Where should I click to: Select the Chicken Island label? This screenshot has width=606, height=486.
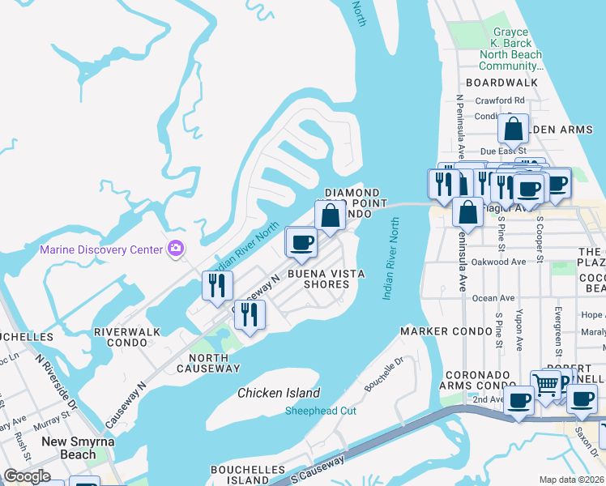279,393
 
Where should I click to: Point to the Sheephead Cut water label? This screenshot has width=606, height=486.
320,411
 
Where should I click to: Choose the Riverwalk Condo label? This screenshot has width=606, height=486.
126,338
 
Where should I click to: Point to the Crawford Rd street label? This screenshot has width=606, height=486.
501,100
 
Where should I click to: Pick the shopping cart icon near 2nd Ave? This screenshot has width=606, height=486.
546,384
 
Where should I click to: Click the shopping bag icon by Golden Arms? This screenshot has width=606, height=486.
513,129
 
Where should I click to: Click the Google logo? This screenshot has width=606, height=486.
28,476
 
